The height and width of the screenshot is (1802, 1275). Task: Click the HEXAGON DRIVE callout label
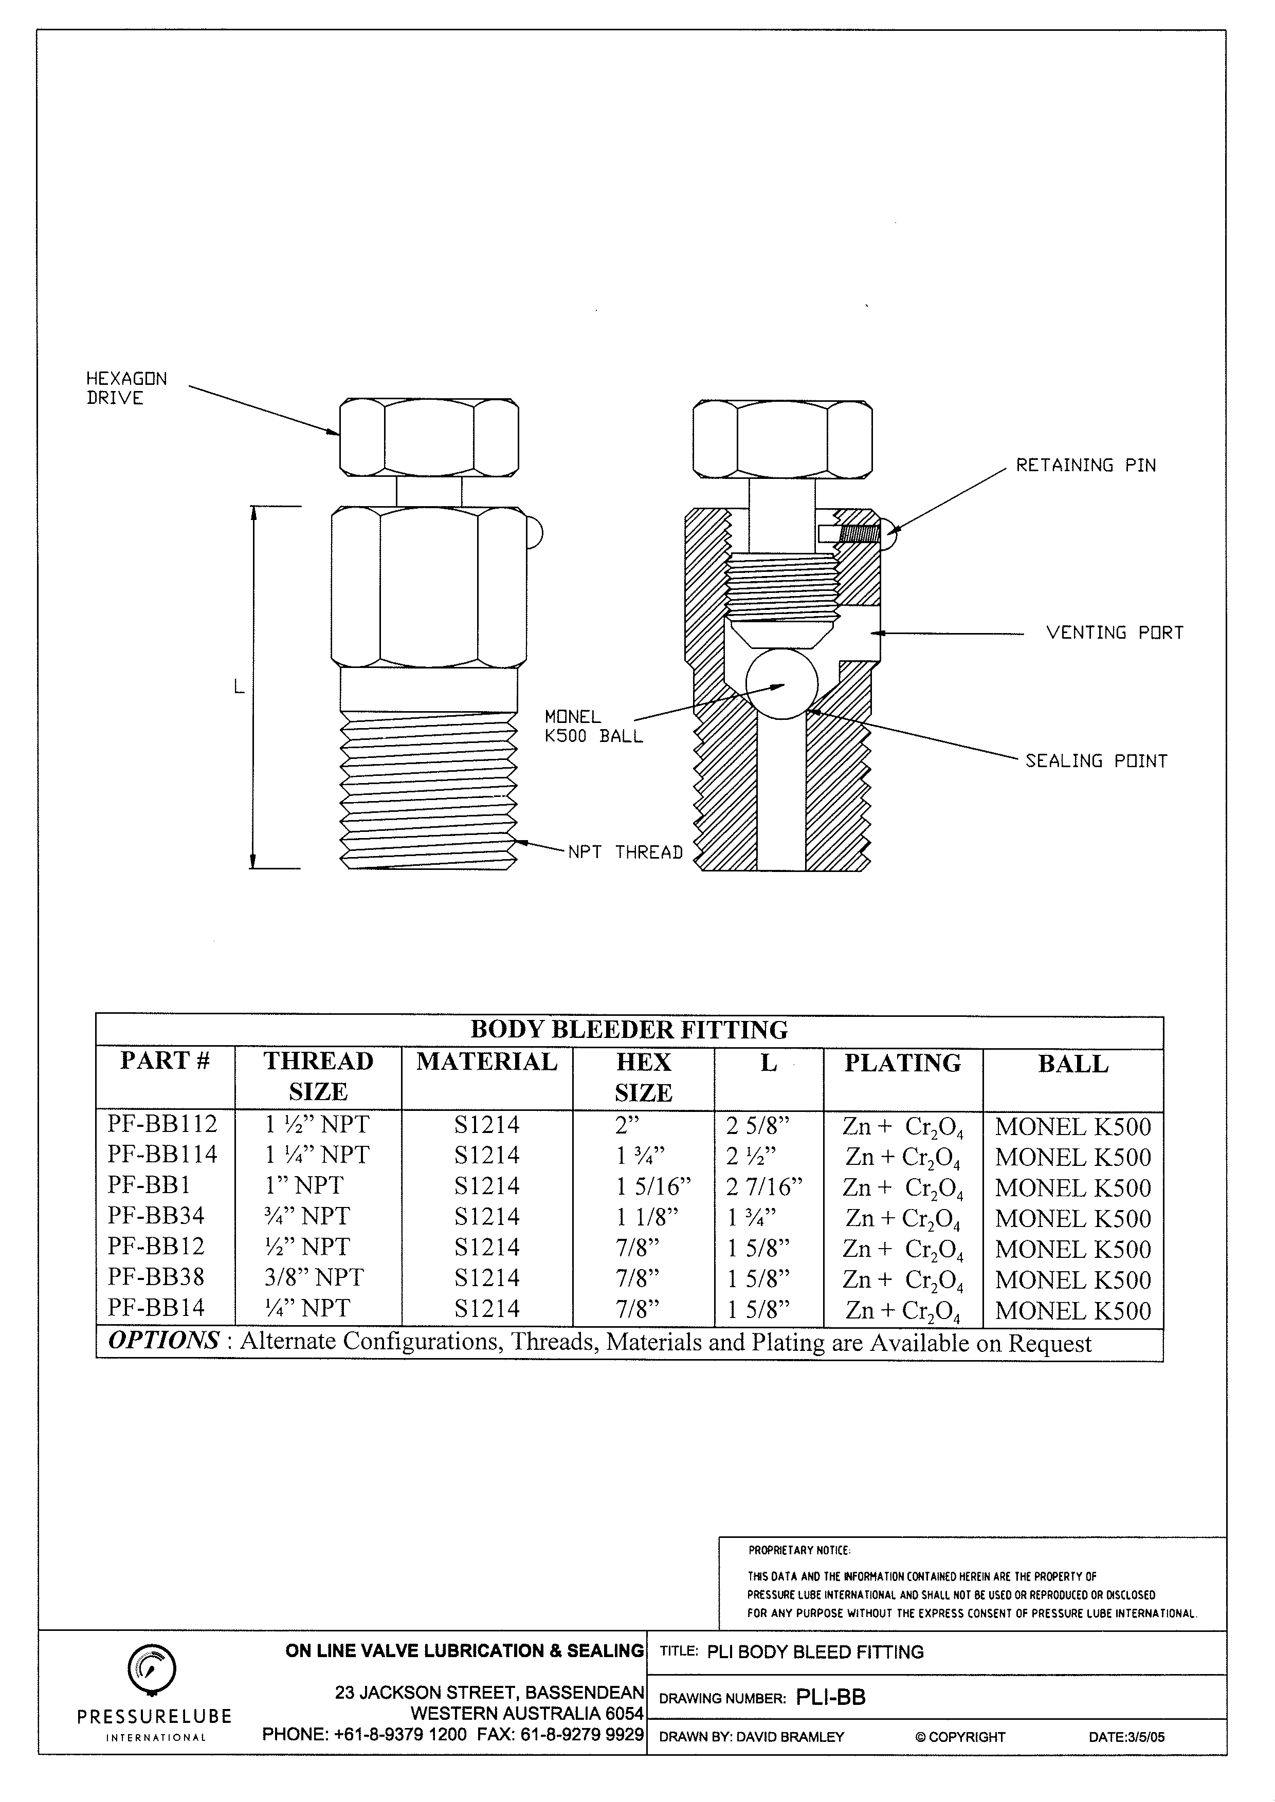point(125,388)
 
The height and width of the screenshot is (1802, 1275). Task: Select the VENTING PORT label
point(1114,633)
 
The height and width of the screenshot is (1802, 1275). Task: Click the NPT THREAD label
point(625,852)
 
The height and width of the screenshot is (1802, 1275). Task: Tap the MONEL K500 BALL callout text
point(593,727)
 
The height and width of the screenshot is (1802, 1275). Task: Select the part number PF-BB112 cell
point(162,1124)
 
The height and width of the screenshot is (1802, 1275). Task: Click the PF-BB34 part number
point(155,1216)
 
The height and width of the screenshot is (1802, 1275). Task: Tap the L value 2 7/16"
point(764,1186)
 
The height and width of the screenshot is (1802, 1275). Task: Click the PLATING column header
point(902,1063)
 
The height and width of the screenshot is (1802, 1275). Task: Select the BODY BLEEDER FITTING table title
point(629,1030)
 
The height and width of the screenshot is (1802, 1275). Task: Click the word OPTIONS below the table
point(163,1340)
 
